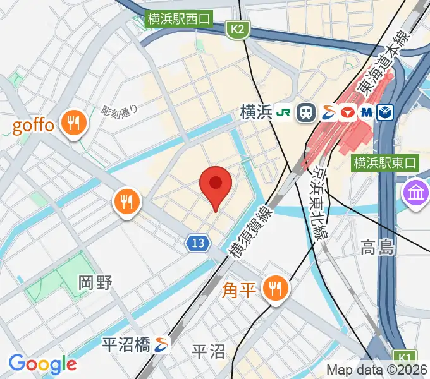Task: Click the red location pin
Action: (x=216, y=185)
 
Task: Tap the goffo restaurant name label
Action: (x=33, y=124)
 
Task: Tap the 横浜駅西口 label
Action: (x=179, y=19)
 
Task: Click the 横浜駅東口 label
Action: (x=386, y=162)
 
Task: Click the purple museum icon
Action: (x=416, y=191)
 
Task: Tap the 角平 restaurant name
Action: (x=239, y=290)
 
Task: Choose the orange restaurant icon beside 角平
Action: (x=275, y=289)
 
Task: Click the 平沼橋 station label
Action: (x=126, y=344)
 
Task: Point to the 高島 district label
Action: (x=378, y=247)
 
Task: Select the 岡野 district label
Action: (x=95, y=282)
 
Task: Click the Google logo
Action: (x=42, y=364)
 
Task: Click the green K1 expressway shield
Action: (x=403, y=357)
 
